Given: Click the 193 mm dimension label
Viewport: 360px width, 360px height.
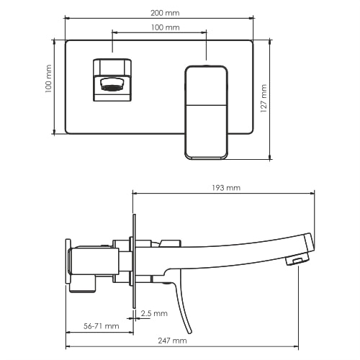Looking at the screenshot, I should coord(227,188).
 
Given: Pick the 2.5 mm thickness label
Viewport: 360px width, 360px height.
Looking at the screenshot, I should coord(154,313).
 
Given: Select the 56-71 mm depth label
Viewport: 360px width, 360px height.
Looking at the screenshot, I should coord(101,326).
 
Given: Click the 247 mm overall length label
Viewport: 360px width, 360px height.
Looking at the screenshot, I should coord(173,341).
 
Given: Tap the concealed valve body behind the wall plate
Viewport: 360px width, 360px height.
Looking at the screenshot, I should coord(94,263).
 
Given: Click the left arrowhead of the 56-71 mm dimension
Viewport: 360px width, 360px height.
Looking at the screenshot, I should coord(68,332).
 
